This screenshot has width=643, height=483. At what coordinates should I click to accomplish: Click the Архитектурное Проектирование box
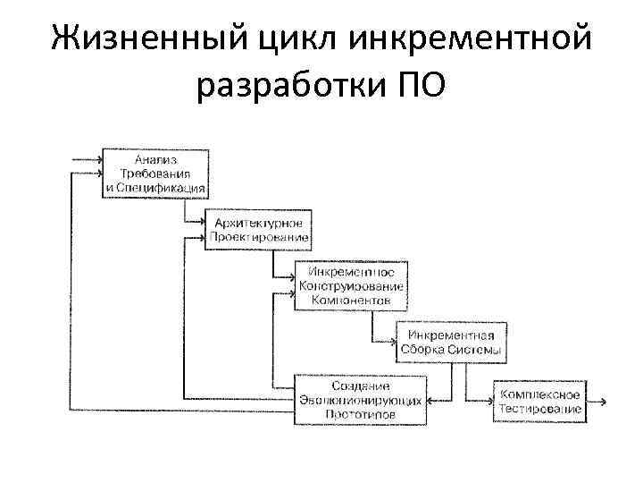tap(258, 230)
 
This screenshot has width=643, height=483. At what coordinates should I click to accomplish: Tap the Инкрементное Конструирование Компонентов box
tap(351, 284)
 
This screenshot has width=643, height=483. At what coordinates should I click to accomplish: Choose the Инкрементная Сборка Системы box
tap(452, 341)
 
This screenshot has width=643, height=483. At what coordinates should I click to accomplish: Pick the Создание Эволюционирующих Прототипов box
tap(360, 398)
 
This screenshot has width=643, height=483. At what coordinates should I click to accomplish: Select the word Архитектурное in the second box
tap(258, 222)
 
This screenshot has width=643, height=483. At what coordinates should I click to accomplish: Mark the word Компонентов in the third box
tap(351, 301)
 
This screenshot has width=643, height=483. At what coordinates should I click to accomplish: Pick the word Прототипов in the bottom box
tap(360, 415)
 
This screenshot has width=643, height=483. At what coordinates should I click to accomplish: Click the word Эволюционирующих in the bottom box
tap(360, 400)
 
